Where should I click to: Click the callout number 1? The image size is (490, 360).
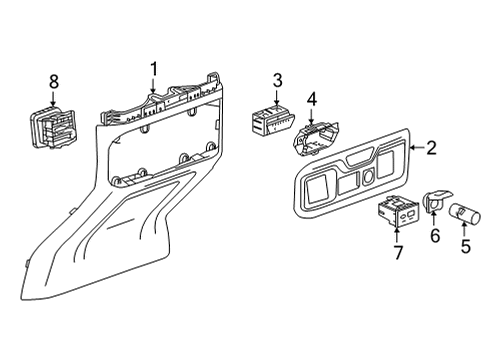(x=154, y=68)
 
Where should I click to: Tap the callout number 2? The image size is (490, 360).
(x=431, y=149)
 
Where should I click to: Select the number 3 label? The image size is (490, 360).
(x=278, y=80)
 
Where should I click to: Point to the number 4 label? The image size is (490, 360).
(x=311, y=99)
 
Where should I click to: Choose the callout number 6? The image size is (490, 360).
(x=435, y=235)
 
